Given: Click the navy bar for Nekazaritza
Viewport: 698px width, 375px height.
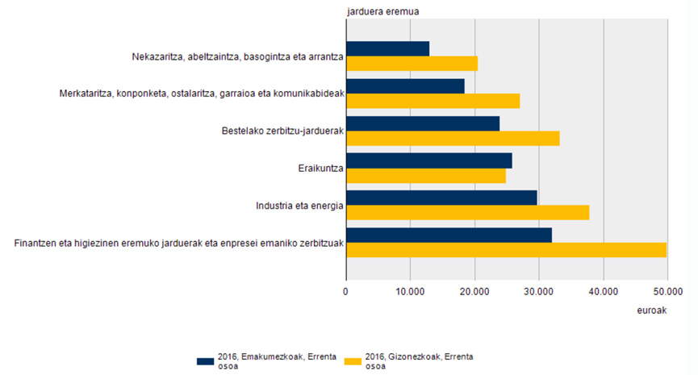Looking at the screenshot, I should point(387,48).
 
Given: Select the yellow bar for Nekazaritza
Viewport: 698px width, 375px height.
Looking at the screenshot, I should point(412,64).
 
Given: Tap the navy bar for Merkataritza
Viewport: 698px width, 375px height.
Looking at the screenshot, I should point(405,85).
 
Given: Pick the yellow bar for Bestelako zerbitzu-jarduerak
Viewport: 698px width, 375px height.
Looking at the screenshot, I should point(453,138).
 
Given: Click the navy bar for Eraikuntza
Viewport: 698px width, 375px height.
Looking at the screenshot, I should point(428,160).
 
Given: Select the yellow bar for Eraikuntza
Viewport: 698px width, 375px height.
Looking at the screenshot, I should point(425,175).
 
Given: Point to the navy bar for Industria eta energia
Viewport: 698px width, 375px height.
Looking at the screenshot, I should point(441,198).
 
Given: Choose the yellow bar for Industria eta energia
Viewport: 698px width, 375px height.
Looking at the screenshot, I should point(467,212).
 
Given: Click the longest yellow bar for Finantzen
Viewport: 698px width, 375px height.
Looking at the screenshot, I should point(506,250).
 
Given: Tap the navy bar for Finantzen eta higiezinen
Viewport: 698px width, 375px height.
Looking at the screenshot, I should point(449,235).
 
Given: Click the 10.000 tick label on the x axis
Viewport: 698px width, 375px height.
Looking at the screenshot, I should point(410,290).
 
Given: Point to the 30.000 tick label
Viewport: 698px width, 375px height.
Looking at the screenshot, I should point(538,290).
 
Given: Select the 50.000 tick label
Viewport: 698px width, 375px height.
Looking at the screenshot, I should point(667,290).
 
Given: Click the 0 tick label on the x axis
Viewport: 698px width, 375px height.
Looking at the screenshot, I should point(346,290).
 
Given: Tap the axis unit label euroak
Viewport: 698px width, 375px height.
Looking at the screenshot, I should point(653,310).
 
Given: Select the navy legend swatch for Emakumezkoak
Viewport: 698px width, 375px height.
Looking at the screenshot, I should point(206,360).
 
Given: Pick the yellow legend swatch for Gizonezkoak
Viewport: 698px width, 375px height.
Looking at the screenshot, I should point(353,360).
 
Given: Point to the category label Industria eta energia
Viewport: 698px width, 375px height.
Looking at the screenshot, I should point(300,205).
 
